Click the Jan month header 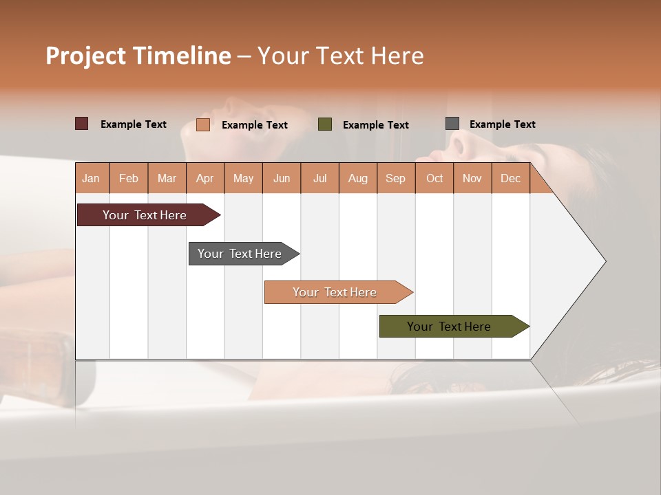pyautogui.click(x=91, y=178)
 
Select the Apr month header pyautogui.click(x=204, y=178)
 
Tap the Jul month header pyautogui.click(x=319, y=178)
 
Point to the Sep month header pyautogui.click(x=395, y=178)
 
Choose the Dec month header pyautogui.click(x=510, y=178)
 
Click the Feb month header pyautogui.click(x=129, y=178)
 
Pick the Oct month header pyautogui.click(x=434, y=178)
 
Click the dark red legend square pyautogui.click(x=82, y=124)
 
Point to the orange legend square pyautogui.click(x=203, y=124)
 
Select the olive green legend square pyautogui.click(x=325, y=124)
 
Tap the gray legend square pyautogui.click(x=452, y=124)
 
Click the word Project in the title pyautogui.click(x=86, y=56)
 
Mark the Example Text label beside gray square pyautogui.click(x=502, y=124)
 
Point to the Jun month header pyautogui.click(x=282, y=178)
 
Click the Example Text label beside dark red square pyautogui.click(x=134, y=124)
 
